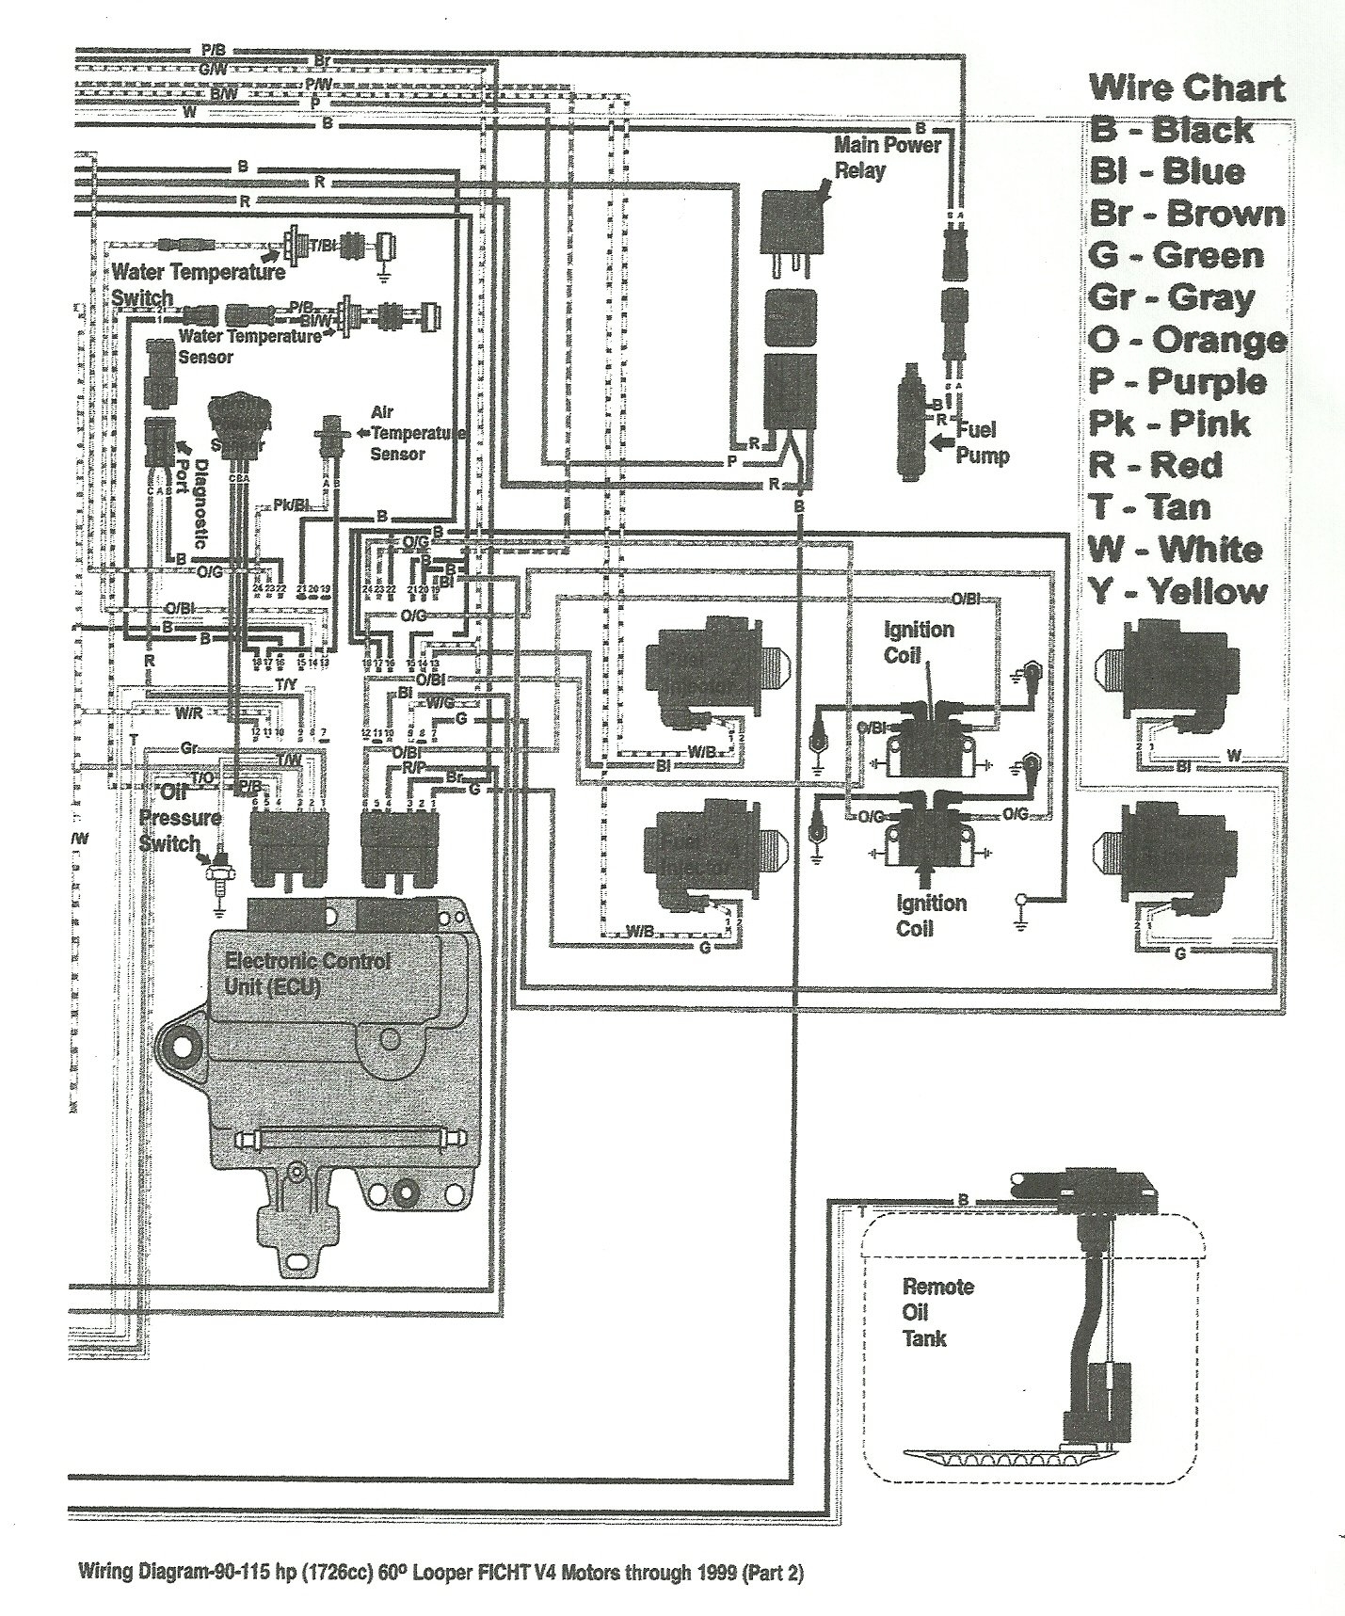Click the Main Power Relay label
pos(887,157)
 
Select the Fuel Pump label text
pos(982,442)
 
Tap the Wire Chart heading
pos(1186,88)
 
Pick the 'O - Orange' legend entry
pos(1187,340)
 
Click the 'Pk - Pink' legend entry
pos(1168,424)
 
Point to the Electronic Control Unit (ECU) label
pos(307,974)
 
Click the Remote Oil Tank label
pos(937,1312)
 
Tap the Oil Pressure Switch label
pos(180,817)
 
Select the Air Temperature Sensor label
pos(409,433)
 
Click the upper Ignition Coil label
pos(918,641)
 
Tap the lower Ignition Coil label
pos(930,916)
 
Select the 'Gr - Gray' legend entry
pos(1171,298)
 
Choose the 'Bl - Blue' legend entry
pos(1166,172)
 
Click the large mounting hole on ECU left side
pos(184,1046)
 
